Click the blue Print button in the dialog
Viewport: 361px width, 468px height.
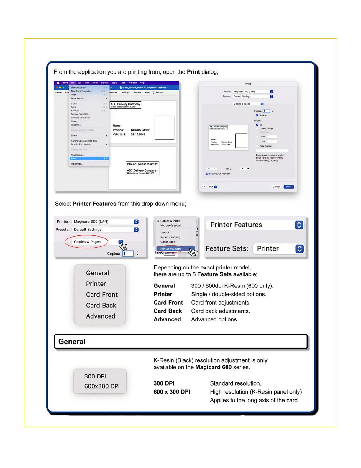pyautogui.click(x=289, y=187)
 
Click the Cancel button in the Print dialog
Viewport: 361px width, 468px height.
pyautogui.click(x=276, y=187)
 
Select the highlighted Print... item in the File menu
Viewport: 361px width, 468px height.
pyautogui.click(x=89, y=159)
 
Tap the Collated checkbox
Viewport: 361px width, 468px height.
pyautogui.click(x=257, y=116)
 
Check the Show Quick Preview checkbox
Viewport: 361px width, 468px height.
pyautogui.click(x=207, y=174)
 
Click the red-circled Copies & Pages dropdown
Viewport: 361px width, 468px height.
pyautogui.click(x=87, y=242)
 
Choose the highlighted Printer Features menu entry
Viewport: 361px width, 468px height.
pyautogui.click(x=171, y=249)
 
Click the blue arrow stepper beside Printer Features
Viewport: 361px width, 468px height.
pyautogui.click(x=299, y=225)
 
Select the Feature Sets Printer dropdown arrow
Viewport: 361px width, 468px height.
pyautogui.click(x=299, y=249)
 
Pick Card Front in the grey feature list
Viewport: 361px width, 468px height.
pyautogui.click(x=102, y=295)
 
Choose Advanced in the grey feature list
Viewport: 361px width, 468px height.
pyautogui.click(x=101, y=316)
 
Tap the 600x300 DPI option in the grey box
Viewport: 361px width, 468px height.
pyautogui.click(x=102, y=386)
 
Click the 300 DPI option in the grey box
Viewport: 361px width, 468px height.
pyautogui.click(x=95, y=376)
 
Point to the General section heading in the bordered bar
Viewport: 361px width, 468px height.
pyautogui.click(x=72, y=342)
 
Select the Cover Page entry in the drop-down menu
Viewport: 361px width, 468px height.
pyautogui.click(x=168, y=242)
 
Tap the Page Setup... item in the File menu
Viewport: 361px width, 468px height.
pyautogui.click(x=78, y=155)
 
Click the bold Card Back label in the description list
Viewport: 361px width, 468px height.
pyautogui.click(x=168, y=311)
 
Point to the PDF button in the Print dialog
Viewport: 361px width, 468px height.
pyautogui.click(x=213, y=187)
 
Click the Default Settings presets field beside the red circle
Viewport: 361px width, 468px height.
pyautogui.click(x=103, y=230)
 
